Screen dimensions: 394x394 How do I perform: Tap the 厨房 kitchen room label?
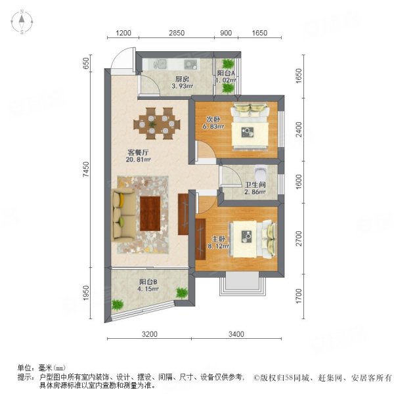point(164,77)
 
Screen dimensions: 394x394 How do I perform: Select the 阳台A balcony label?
point(227,73)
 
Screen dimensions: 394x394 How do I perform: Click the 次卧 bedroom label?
point(213,120)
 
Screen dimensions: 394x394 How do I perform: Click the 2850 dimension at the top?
point(176,33)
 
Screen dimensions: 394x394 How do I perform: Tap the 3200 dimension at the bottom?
point(150,334)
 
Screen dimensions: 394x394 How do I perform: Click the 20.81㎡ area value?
point(139,159)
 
